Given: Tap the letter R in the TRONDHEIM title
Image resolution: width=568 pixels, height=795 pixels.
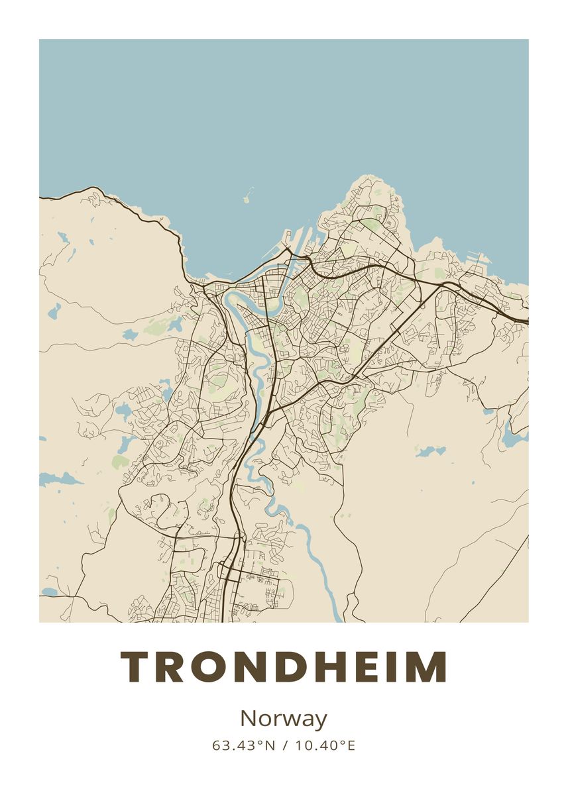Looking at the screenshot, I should tap(172, 666).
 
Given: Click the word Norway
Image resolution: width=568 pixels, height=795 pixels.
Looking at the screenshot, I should tap(284, 719).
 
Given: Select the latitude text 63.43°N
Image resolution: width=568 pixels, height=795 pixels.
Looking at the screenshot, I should tap(243, 746).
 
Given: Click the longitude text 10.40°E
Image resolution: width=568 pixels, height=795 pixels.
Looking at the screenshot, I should tap(325, 746).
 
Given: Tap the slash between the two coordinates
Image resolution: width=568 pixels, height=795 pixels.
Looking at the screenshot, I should tap(284, 746).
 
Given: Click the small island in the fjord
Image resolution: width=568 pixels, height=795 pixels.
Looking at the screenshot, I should tap(247, 197).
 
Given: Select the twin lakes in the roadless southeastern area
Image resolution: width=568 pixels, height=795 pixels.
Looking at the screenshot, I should tap(431, 451).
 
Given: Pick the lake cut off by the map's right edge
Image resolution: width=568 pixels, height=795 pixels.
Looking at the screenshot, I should tap(516, 436).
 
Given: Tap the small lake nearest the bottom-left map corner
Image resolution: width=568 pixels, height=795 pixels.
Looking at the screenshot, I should tap(50, 592).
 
